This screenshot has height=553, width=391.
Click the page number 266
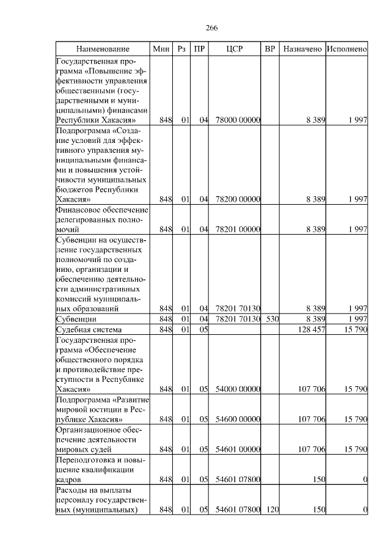click(x=212, y=28)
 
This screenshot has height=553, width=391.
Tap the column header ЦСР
click(x=235, y=48)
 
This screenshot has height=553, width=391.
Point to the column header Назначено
click(x=302, y=48)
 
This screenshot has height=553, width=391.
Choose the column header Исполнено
click(x=346, y=48)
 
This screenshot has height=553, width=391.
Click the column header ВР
click(x=270, y=48)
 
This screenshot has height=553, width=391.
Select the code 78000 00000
click(x=238, y=120)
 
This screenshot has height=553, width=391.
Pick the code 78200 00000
click(x=238, y=199)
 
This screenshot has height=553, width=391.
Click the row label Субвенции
click(x=75, y=319)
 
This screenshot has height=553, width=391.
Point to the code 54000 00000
click(x=238, y=388)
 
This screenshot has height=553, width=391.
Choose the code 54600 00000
click(x=238, y=419)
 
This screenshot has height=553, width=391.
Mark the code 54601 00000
click(x=238, y=449)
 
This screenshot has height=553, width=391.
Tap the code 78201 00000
click(x=238, y=229)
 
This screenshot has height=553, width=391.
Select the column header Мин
click(x=161, y=48)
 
